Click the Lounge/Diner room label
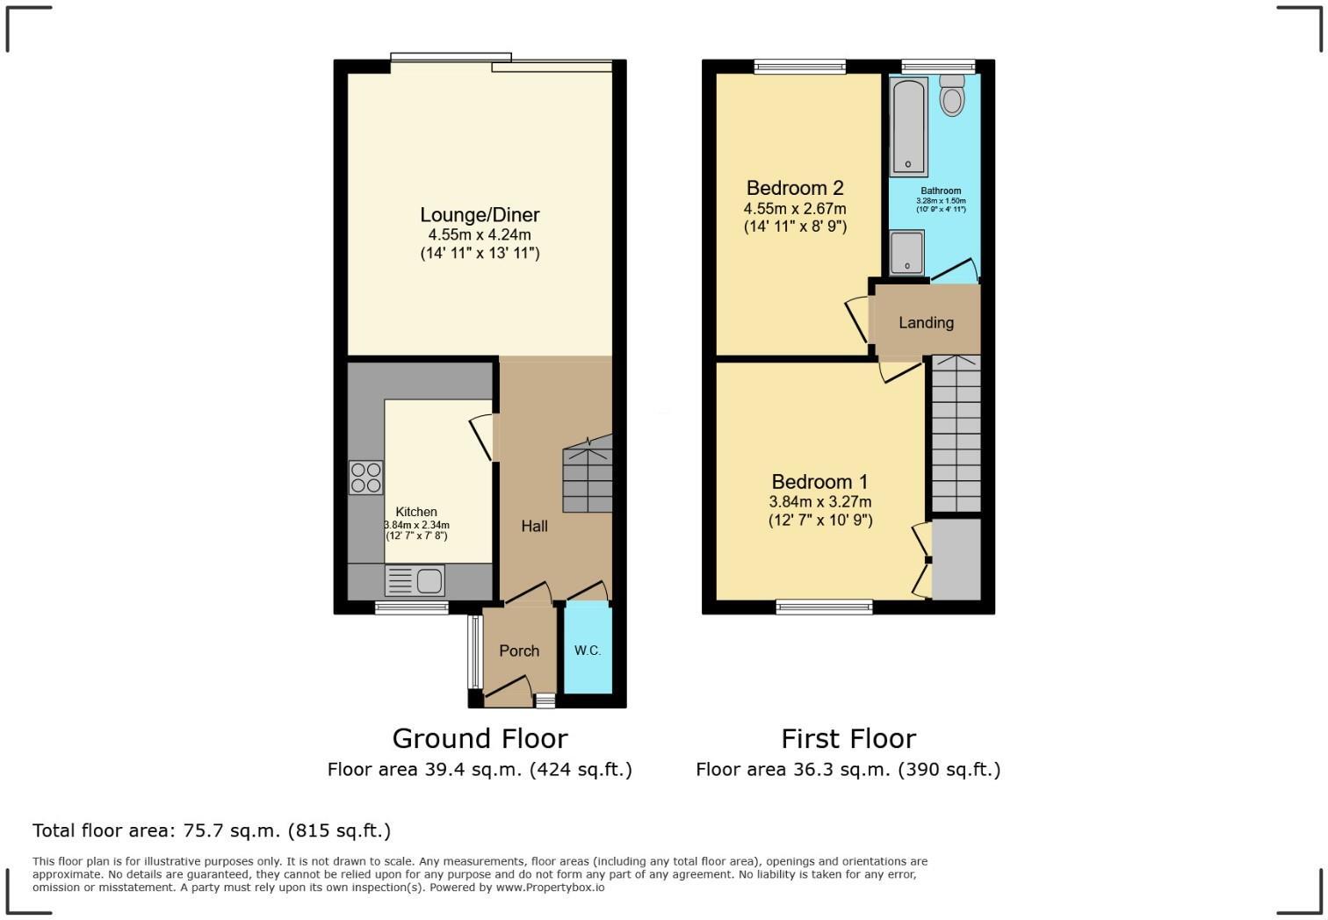(x=480, y=215)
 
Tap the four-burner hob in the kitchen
(x=366, y=478)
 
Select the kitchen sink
(x=415, y=580)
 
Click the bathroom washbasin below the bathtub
(x=906, y=253)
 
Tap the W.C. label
(x=588, y=650)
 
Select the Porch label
(x=519, y=650)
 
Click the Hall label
(x=534, y=526)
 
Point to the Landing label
(x=926, y=323)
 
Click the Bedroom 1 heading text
(x=819, y=482)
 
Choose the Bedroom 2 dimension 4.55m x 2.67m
(x=795, y=209)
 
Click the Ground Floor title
(x=480, y=738)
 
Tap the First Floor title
(x=848, y=738)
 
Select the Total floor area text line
(x=212, y=830)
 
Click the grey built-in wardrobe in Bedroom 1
(x=956, y=559)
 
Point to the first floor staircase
(x=956, y=435)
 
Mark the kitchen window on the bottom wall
(x=412, y=607)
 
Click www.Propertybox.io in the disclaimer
(x=550, y=888)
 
